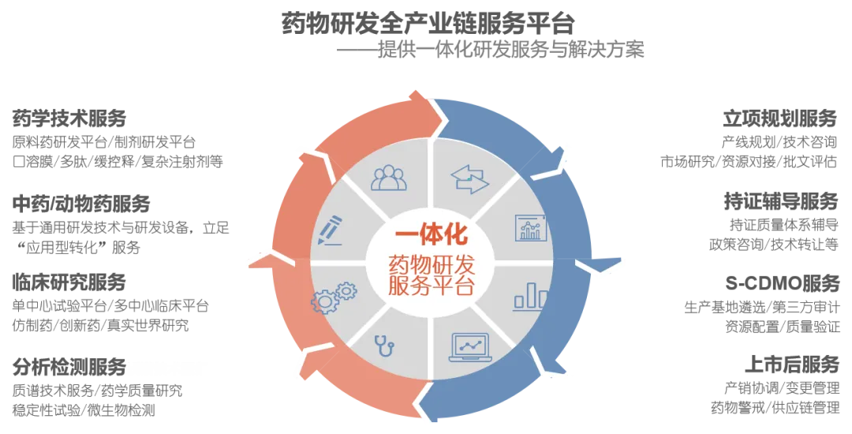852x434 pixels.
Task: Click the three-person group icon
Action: (389, 178)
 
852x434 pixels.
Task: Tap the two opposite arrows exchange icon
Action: (470, 179)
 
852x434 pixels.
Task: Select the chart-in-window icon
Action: (530, 228)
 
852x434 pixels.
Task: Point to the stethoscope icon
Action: (384, 345)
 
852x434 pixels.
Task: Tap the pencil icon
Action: (329, 230)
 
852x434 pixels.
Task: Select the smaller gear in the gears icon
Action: (346, 291)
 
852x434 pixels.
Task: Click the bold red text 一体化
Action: (431, 235)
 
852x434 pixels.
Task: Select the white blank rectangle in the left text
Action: (167, 369)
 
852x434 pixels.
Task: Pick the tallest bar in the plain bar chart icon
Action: (531, 294)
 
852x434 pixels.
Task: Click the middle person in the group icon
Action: (389, 175)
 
